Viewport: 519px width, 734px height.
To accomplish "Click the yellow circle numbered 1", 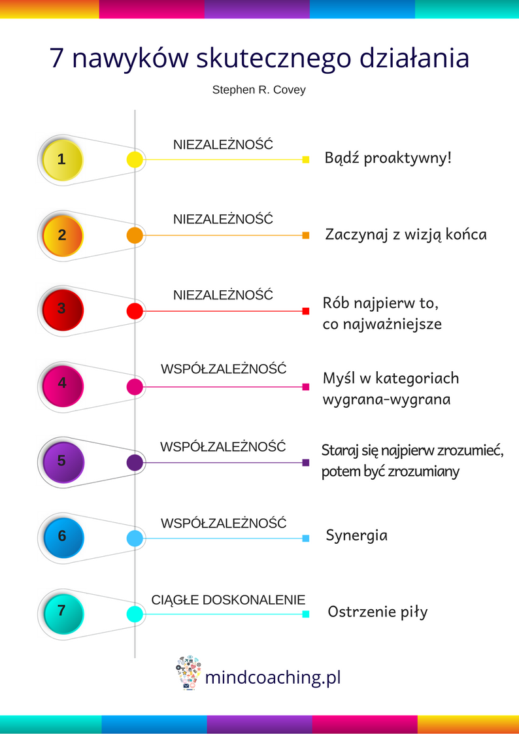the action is [x=63, y=159].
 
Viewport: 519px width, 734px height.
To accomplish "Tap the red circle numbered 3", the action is [x=63, y=310].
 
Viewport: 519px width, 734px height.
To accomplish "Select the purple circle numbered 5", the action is [x=63, y=462].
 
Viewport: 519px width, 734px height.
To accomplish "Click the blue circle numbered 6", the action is [x=63, y=537].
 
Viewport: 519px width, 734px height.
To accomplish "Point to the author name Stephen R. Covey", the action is [x=259, y=90].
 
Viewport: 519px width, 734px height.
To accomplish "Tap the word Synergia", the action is [x=357, y=535].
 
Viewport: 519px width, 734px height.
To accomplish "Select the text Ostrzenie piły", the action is [x=378, y=612].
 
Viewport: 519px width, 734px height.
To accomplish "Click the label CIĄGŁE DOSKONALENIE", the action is [x=228, y=600].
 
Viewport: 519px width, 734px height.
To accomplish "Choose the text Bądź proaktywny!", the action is [x=388, y=158].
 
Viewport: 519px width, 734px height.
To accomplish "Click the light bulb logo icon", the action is [x=188, y=673].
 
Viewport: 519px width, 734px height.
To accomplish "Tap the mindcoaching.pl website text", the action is [x=273, y=677].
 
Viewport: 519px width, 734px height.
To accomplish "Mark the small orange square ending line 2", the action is [x=306, y=235].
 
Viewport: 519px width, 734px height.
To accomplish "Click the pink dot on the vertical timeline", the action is [x=135, y=387].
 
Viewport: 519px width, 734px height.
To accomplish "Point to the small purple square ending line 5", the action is [x=306, y=463].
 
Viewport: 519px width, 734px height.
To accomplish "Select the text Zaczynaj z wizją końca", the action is [x=406, y=235].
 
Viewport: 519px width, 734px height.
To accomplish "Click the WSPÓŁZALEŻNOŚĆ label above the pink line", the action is [x=224, y=369].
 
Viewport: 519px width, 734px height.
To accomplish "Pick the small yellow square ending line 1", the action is [x=306, y=159].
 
